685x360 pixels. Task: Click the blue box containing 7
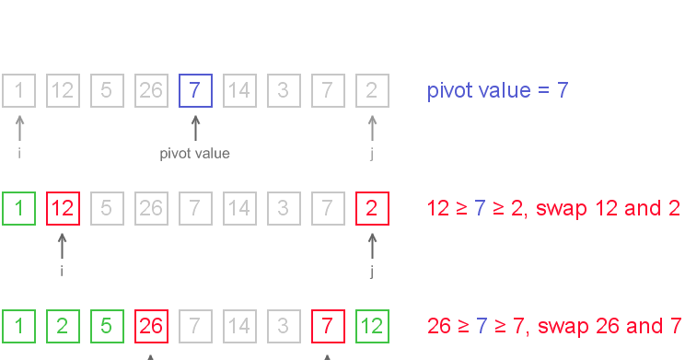194,91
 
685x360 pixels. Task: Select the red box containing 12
62,208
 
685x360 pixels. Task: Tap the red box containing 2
371,208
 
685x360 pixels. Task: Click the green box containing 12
371,326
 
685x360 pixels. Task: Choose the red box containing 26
150,326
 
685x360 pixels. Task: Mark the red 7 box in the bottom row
327,326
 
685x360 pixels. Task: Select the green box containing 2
62,326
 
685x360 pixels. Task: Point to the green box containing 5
106,326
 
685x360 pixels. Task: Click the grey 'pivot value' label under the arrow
194,154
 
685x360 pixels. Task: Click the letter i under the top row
18,154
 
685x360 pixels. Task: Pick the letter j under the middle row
371,272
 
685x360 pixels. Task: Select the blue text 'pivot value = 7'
497,91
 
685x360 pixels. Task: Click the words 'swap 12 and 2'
612,208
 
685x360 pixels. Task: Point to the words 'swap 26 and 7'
612,326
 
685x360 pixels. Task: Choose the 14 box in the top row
238,91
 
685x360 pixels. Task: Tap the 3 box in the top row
283,91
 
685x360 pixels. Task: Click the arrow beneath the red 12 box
62,245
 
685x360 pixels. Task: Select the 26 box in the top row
150,91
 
